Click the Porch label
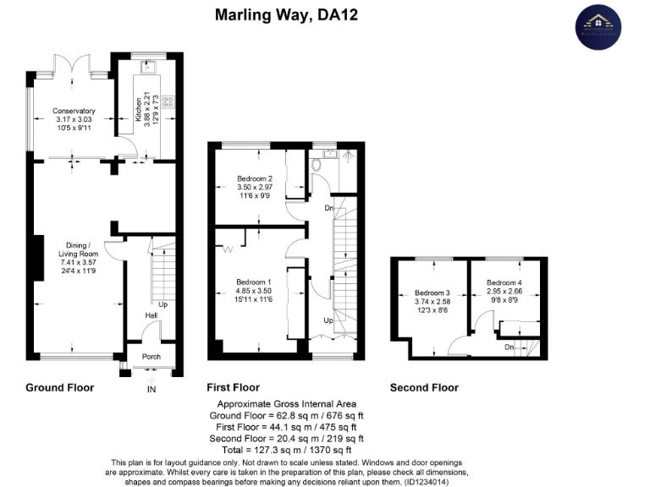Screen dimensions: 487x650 151,356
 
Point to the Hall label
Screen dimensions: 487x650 151,315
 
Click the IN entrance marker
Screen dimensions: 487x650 151,389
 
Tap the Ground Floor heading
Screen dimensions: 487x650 59,387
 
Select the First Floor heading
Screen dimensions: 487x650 234,387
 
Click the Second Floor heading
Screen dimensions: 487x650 424,387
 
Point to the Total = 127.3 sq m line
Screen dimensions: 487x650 287,450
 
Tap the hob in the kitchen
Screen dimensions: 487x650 168,101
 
